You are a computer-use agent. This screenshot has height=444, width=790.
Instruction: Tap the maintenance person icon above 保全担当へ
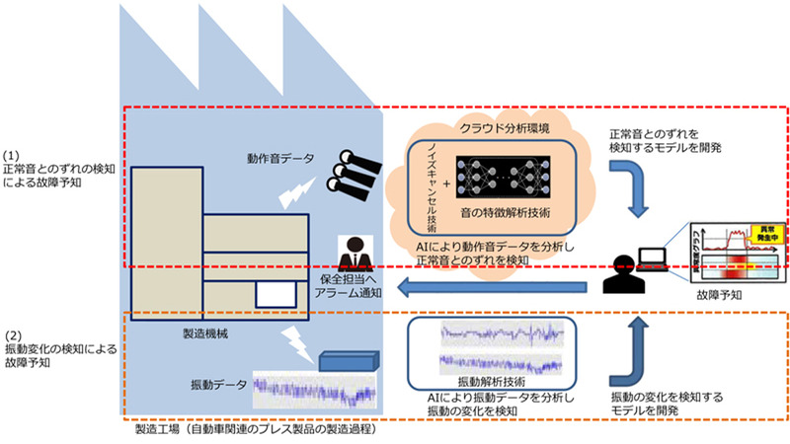(x=352, y=252)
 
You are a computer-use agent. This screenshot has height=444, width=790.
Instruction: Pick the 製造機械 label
(x=205, y=334)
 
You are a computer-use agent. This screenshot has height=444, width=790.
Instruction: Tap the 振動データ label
(x=220, y=382)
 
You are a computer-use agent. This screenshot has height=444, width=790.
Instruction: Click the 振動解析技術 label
(x=491, y=380)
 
